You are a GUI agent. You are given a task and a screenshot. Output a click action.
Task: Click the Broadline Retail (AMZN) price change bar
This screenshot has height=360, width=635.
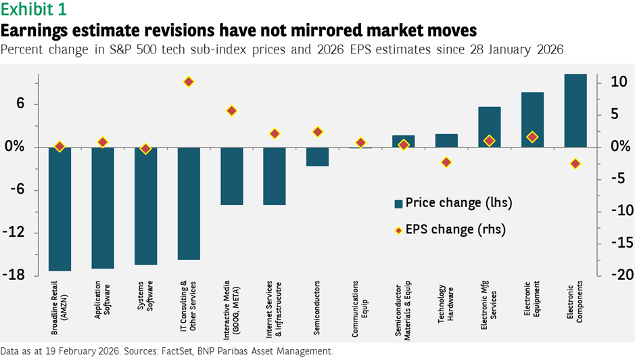[60, 209]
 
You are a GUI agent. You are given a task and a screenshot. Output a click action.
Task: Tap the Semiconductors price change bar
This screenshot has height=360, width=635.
[317, 156]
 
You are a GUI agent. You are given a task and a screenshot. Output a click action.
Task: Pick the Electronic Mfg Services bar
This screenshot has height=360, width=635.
[489, 127]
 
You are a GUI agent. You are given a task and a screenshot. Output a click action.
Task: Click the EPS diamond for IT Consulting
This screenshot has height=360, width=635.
[189, 82]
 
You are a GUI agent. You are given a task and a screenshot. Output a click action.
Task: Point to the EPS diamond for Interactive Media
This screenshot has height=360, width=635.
[231, 111]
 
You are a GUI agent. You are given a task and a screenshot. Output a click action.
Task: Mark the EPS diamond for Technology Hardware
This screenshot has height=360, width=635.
[446, 162]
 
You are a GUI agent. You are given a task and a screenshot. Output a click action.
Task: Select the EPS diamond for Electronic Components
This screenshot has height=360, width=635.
[575, 164]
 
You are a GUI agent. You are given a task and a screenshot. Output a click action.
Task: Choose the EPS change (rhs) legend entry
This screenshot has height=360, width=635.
[449, 229]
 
